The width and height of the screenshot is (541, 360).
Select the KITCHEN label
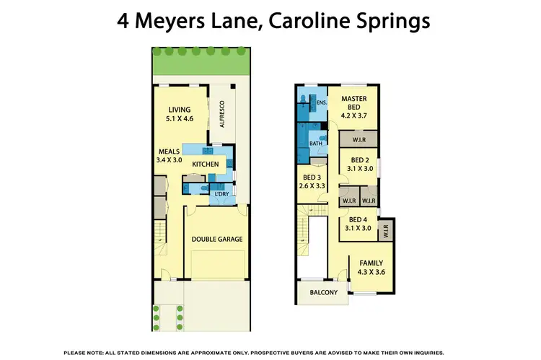[205, 164]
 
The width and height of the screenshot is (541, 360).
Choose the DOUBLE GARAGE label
[216, 239]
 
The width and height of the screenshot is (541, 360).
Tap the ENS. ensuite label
[322, 103]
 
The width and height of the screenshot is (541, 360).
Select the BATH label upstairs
[316, 144]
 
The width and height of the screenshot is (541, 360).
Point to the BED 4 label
[359, 220]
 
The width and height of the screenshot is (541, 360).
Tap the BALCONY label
[322, 292]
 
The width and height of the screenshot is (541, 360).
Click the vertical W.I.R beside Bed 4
[385, 231]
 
